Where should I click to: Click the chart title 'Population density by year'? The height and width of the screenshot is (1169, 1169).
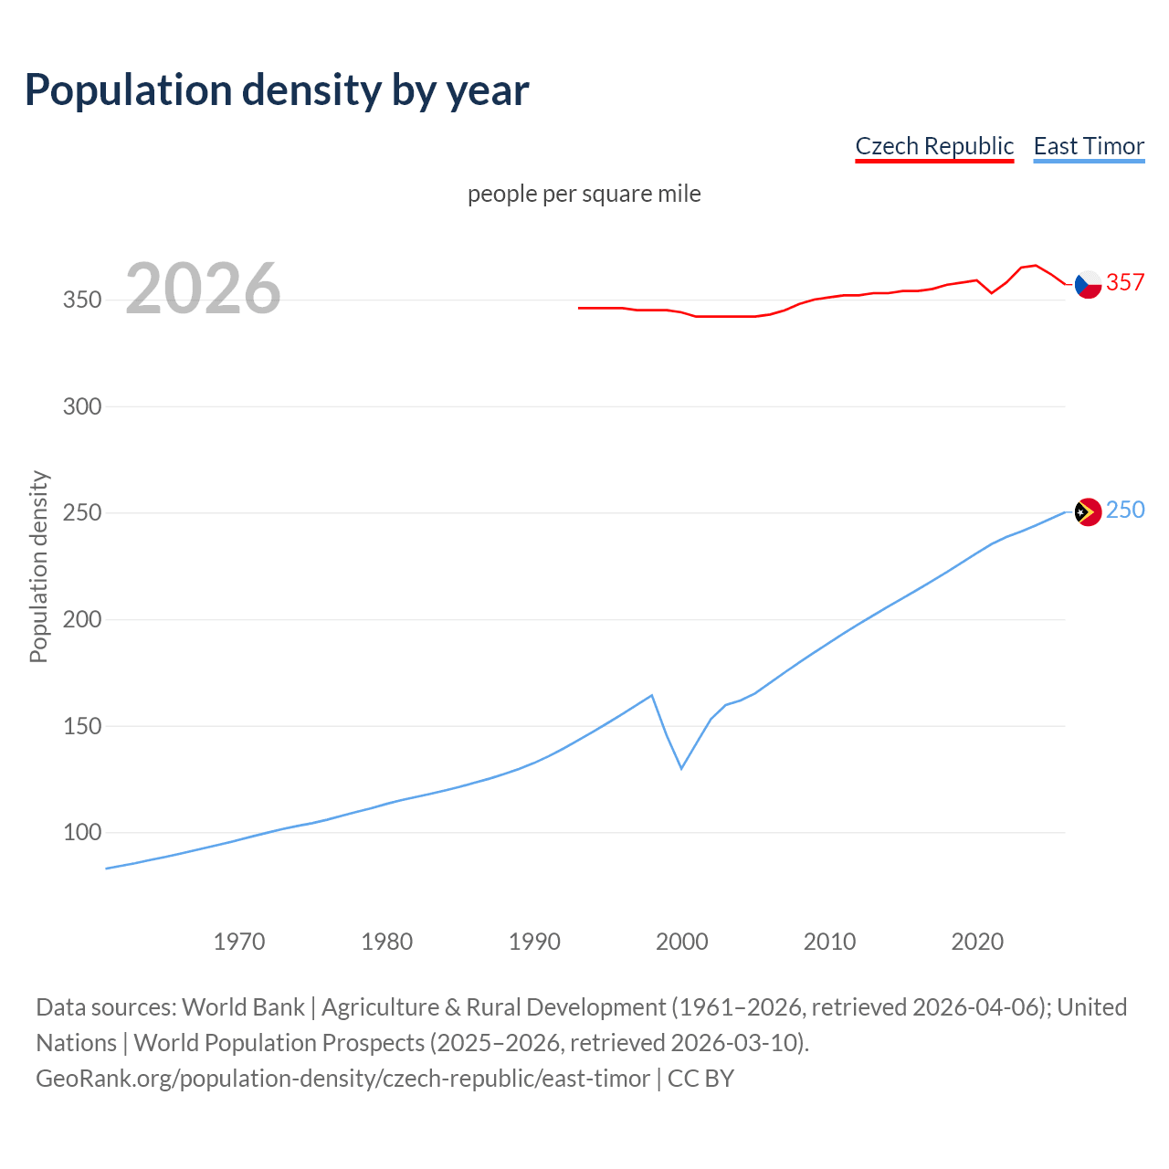(277, 90)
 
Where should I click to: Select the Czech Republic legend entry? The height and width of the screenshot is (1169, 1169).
(934, 146)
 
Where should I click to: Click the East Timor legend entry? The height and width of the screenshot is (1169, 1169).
(1089, 146)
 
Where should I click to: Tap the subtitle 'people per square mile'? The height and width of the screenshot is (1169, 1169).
(584, 194)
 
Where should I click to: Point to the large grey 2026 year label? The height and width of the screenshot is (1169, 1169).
(203, 289)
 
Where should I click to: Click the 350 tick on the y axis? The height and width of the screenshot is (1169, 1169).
(82, 300)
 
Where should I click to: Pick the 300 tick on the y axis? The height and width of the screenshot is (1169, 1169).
(82, 406)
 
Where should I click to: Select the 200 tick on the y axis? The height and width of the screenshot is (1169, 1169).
(82, 619)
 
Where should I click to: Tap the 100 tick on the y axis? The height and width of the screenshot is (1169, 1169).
(82, 832)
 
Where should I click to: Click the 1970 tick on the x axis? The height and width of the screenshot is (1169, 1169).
(239, 941)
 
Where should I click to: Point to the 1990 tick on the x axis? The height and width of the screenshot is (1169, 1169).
(534, 941)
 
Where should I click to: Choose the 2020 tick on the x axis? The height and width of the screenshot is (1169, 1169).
(977, 941)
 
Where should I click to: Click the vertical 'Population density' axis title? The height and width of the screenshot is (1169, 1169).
(38, 566)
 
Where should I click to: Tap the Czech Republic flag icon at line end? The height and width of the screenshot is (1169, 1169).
(1087, 284)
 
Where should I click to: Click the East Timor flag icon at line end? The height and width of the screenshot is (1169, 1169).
(1087, 512)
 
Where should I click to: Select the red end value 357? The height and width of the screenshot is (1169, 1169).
(1125, 282)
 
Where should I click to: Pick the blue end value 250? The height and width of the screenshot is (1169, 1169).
(1125, 510)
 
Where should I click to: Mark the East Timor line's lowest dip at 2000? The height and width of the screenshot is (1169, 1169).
(681, 768)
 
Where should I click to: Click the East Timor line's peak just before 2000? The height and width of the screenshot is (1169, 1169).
(651, 696)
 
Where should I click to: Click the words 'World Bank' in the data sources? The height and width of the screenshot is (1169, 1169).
(243, 1006)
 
